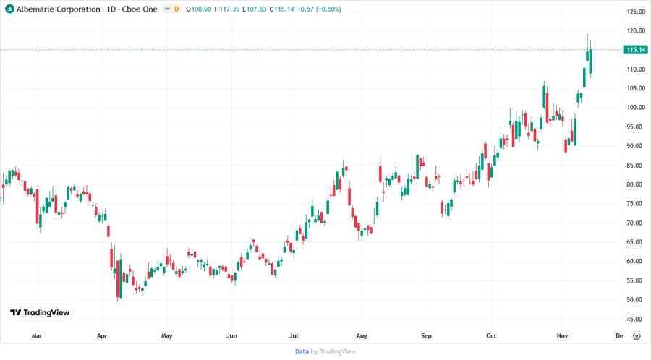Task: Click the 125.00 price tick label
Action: point(636,12)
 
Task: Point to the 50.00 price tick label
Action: point(636,299)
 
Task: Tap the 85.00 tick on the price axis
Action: point(636,165)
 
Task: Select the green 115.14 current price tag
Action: point(636,50)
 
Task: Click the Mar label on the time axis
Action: point(38,335)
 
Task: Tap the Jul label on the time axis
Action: point(294,335)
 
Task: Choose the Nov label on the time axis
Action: point(563,335)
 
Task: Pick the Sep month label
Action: point(426,335)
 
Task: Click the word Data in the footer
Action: point(302,351)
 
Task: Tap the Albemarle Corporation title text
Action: point(59,9)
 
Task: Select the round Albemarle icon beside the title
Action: point(9,9)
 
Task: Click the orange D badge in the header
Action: point(176,9)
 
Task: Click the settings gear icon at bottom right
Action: point(636,335)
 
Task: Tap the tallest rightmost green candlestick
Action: point(591,61)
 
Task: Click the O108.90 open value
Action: point(198,9)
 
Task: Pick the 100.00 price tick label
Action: point(636,107)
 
